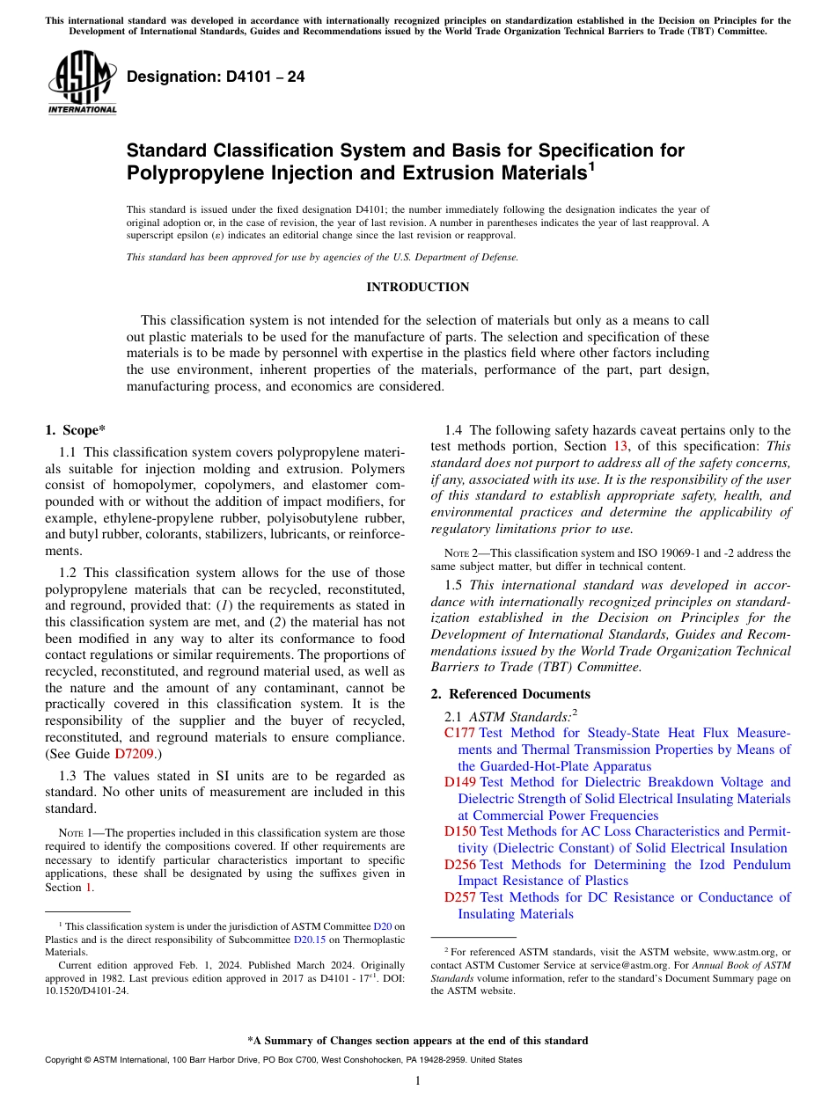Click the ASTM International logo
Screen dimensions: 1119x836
click(x=82, y=84)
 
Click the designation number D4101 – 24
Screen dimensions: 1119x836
click(x=216, y=77)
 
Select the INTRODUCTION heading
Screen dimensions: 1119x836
click(x=417, y=288)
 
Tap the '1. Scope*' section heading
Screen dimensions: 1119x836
click(x=75, y=430)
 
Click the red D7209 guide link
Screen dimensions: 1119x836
click(x=135, y=753)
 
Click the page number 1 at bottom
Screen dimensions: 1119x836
click(x=418, y=1080)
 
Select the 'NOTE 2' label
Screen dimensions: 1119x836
click(x=462, y=553)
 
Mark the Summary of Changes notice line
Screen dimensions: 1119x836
click(x=417, y=1041)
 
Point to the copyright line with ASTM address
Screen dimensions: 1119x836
click(x=282, y=1060)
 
